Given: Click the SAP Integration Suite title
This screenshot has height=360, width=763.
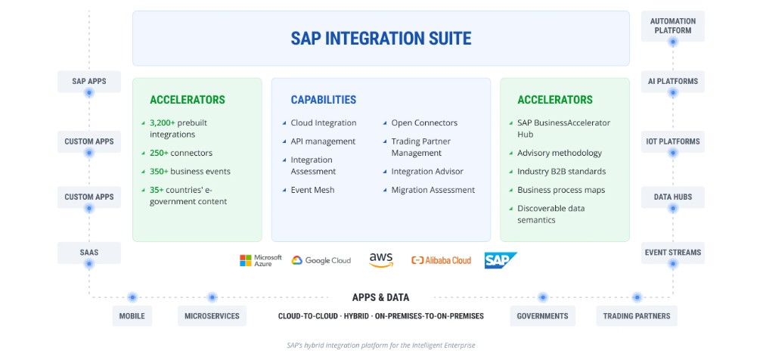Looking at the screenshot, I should pos(380,38).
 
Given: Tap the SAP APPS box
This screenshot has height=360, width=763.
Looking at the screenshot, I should pos(88,81).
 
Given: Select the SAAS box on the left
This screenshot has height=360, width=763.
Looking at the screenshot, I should pos(88,253).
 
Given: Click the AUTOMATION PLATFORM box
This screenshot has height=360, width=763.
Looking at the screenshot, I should pos(672,26).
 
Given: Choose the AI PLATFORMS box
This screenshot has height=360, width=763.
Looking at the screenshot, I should pos(672,81).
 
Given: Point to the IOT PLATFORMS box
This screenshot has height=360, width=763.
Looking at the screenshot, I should pos(672,141).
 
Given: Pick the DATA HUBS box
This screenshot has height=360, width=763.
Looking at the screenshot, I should pos(672,197).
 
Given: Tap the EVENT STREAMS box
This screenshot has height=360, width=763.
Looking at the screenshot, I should pos(672,253).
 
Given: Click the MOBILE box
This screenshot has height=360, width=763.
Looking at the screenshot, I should pos(132,316).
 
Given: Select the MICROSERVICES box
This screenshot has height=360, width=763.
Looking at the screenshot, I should pos(212,316).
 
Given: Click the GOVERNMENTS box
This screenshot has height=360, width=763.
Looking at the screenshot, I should pos(542,316).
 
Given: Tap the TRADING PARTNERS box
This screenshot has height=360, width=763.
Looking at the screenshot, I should pos(636,316).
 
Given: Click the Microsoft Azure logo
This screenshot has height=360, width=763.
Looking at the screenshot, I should pos(260,260).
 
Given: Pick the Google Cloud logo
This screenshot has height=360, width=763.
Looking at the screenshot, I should pos(321,260).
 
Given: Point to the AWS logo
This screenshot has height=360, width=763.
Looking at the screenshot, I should pos(381,259).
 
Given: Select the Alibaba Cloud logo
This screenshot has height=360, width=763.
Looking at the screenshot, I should pos(441,260).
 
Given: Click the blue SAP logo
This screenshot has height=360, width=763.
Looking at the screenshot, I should pos(501,260).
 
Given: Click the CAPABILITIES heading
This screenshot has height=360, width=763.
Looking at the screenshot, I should pos(323,100).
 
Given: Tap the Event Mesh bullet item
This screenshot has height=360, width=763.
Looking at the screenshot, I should pos(312,190).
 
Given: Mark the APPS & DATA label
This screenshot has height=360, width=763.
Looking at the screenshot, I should pos(380,298).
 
